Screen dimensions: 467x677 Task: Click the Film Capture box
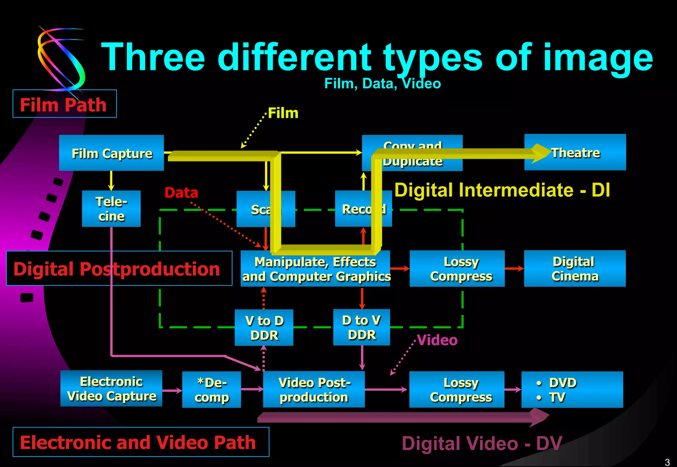[x=111, y=153]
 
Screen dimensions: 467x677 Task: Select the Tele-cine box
[x=111, y=209]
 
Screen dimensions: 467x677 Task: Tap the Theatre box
[x=575, y=153]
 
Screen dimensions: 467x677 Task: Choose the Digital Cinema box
[x=575, y=269]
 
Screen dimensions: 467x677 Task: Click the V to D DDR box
[x=264, y=328]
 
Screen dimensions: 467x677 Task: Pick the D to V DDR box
[x=361, y=327]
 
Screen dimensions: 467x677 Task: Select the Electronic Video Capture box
[x=111, y=388]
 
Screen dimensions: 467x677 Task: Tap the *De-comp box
[x=212, y=390]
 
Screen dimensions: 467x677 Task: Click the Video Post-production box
[x=314, y=389]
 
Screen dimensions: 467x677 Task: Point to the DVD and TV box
[x=572, y=390]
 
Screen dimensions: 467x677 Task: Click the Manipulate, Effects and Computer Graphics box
[x=315, y=269]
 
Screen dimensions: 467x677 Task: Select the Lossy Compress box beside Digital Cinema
[x=457, y=269]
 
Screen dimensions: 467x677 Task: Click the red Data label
[x=181, y=193]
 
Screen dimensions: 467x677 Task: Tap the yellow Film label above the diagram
[x=283, y=113]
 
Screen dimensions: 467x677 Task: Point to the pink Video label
[x=437, y=340]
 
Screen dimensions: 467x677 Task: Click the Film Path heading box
[x=65, y=104]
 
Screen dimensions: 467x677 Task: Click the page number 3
[x=667, y=462]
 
